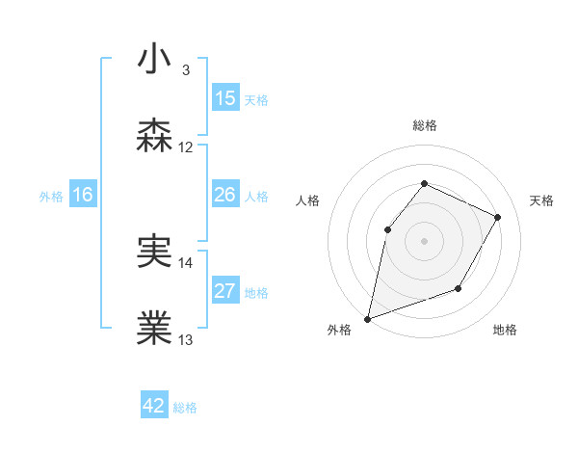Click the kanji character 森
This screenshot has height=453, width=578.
(154, 135)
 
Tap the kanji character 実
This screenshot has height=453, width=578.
(154, 253)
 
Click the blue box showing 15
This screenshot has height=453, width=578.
(225, 98)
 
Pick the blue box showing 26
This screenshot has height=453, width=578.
(225, 196)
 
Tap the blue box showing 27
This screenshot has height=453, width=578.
(225, 292)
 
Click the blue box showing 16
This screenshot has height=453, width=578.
(83, 196)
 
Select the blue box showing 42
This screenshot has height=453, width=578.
(154, 406)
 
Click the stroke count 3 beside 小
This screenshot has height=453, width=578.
(185, 70)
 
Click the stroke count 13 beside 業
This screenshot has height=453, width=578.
(186, 340)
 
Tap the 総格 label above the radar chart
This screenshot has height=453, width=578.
(424, 125)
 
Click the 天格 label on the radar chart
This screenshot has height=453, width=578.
(541, 200)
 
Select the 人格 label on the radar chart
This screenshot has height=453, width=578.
(308, 200)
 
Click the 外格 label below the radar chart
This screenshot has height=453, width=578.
(338, 331)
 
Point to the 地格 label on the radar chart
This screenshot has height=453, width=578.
(505, 331)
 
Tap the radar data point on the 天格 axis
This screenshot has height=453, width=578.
(497, 217)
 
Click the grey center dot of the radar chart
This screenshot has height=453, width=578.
(424, 240)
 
